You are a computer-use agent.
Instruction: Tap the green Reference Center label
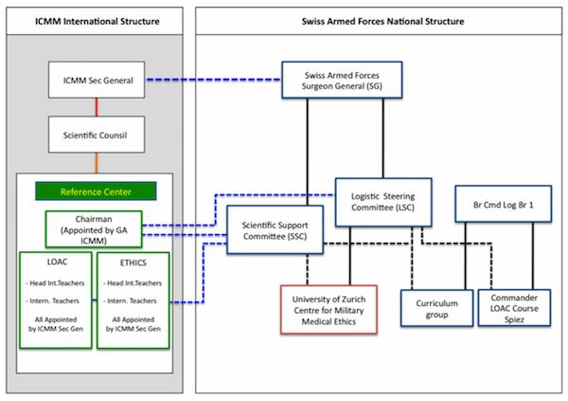(x=96, y=192)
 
